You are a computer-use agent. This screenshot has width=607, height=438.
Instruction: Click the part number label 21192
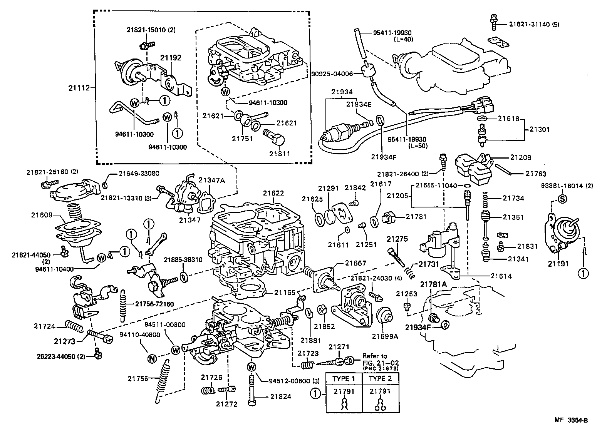pos(171,58)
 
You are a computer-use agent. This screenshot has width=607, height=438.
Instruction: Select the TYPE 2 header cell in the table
pos(380,378)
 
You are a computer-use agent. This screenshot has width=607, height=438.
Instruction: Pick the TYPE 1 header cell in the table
pos(344,378)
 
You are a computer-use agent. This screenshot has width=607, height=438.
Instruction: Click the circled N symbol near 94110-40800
pos(152,359)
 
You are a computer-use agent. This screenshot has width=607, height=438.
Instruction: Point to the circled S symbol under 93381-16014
pos(562,199)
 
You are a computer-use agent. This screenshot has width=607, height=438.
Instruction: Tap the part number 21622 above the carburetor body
pos(273,193)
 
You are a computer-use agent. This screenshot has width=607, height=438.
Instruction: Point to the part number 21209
pos(521,157)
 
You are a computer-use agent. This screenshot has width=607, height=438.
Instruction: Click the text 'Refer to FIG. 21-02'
pos(380,359)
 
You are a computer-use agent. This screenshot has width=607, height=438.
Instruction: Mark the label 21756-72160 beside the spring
pos(154,304)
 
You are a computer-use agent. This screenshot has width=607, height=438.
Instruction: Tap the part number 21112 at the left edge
pos(79,88)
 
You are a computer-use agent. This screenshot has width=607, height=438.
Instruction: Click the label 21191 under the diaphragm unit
pos(558,264)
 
